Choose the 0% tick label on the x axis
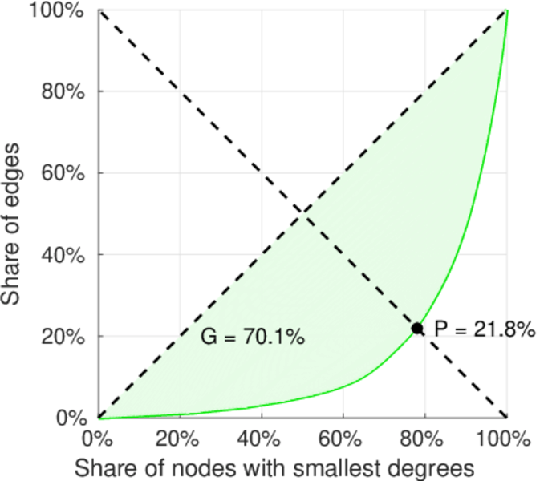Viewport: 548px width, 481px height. (x=99, y=439)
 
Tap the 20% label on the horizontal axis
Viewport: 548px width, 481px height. (x=180, y=439)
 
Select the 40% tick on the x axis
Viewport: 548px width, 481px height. (x=262, y=439)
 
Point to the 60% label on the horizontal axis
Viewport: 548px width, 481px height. (x=343, y=439)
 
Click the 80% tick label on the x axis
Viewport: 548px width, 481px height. (x=425, y=439)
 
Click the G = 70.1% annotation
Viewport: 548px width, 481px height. (x=252, y=338)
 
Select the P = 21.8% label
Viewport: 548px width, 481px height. (x=485, y=329)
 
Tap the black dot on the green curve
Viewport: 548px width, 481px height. (x=417, y=328)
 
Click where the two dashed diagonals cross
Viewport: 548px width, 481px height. (x=302, y=213)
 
